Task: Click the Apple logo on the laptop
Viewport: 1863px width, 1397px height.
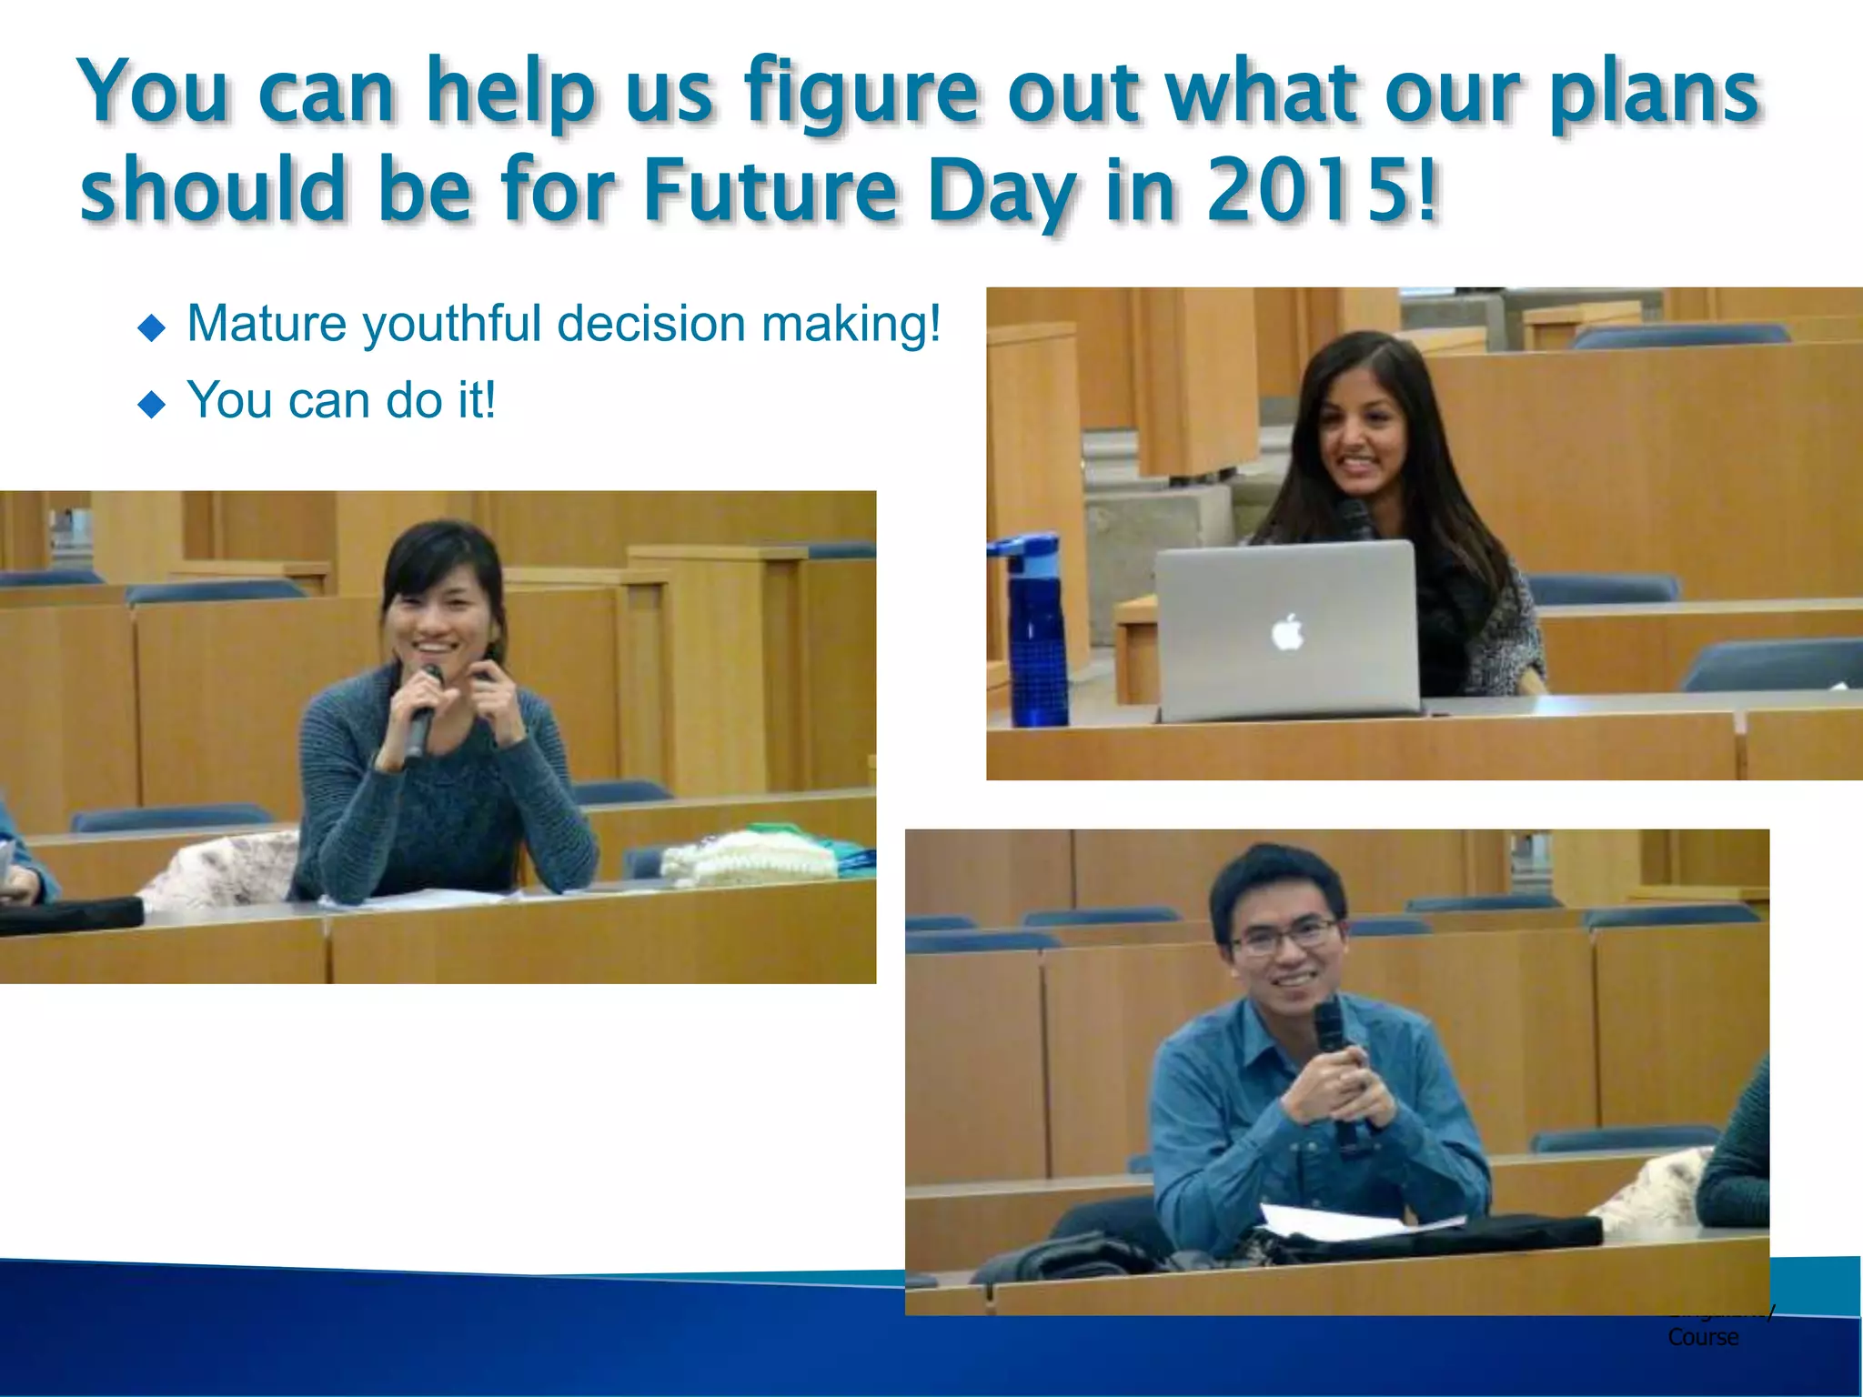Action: (x=1287, y=632)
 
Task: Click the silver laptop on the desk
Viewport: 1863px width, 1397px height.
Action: (x=1286, y=628)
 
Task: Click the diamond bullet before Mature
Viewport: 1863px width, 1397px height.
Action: (x=151, y=327)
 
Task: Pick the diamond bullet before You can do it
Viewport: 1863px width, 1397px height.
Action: (x=151, y=404)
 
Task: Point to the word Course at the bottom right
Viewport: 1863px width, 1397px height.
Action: (x=1703, y=1337)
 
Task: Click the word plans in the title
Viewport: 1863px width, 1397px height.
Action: (x=1653, y=94)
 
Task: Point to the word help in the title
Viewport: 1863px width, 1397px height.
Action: (x=510, y=94)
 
